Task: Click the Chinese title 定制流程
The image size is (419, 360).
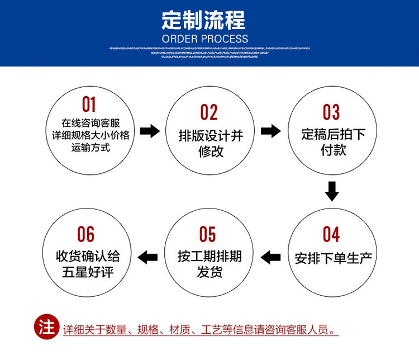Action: [x=204, y=21]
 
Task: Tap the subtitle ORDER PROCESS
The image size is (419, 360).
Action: [x=204, y=39]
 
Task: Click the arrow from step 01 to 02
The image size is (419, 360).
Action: [x=149, y=132]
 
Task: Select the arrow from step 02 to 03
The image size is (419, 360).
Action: [x=271, y=131]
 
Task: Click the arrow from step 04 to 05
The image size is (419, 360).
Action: [x=271, y=257]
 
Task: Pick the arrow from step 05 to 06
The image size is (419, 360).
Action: [x=148, y=257]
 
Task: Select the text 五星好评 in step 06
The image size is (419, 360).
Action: [x=88, y=273]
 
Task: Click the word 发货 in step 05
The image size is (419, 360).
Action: [x=209, y=272]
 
